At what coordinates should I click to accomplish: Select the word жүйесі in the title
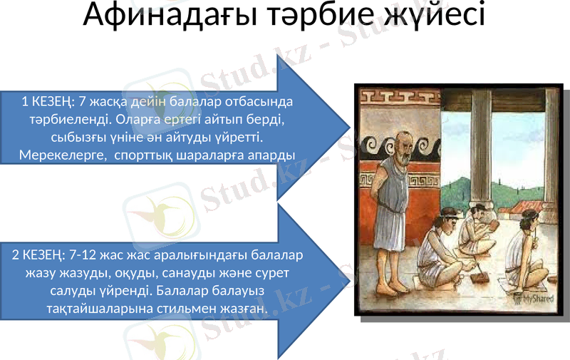433,16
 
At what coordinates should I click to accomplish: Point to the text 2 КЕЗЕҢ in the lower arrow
36,254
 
